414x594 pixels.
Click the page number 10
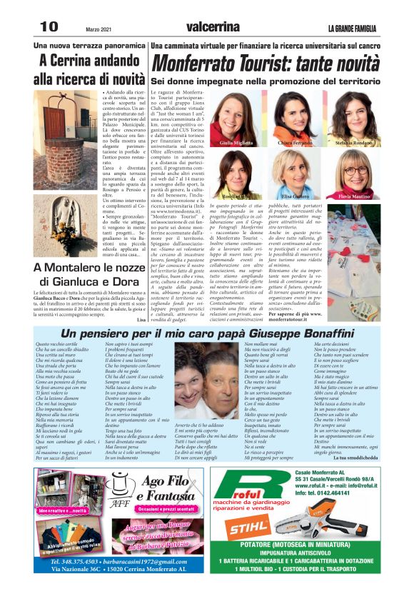click(x=49, y=26)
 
